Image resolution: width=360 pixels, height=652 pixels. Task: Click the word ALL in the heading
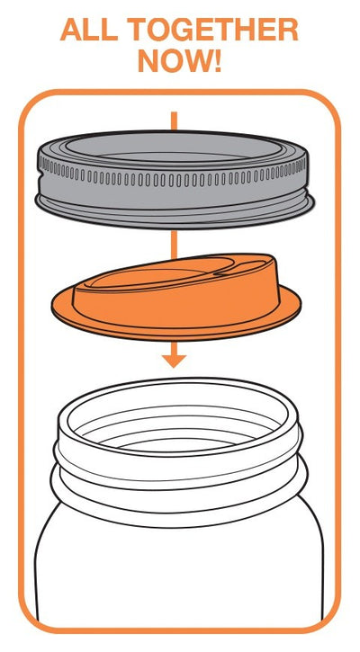coord(89,29)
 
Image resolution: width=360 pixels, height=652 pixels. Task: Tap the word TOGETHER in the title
coord(212,29)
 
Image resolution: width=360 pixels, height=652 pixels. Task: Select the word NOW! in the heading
coord(180,61)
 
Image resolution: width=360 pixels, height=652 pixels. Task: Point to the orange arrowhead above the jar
coord(174,361)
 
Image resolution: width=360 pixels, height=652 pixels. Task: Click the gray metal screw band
coord(175,180)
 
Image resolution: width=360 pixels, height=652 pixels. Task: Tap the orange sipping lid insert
coord(176,296)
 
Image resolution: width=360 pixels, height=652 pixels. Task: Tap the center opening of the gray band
coord(173,146)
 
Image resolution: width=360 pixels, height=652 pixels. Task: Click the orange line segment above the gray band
coord(174,121)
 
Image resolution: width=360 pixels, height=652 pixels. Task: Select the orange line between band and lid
coord(174,245)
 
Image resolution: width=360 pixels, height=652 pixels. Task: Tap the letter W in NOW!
coord(196,61)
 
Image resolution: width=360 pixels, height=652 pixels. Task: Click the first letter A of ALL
coord(72,29)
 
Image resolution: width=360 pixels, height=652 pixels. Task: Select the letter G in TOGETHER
coord(184,29)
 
